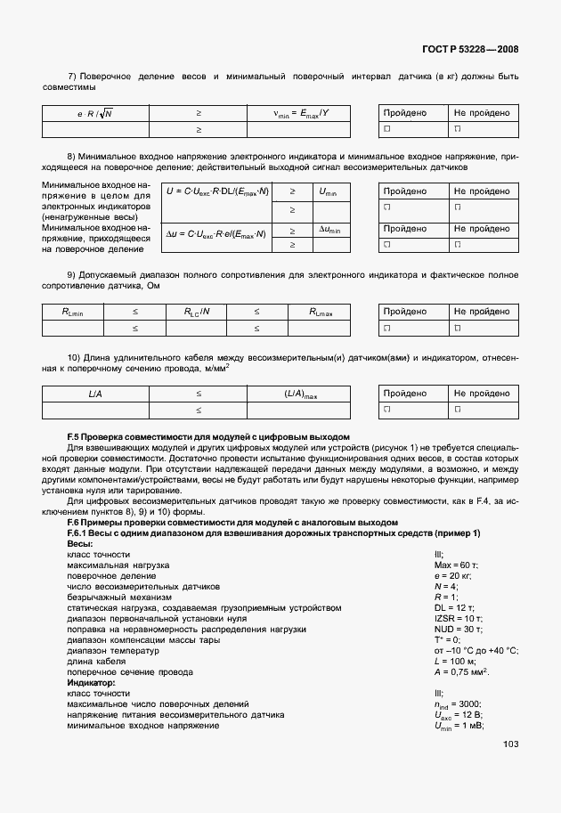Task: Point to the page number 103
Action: point(510,744)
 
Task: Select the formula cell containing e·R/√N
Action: point(95,113)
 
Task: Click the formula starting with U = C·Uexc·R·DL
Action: point(216,191)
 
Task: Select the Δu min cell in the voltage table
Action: point(329,230)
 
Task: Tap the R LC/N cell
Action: point(198,312)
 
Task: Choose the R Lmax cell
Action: point(321,312)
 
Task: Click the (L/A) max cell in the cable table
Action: point(301,394)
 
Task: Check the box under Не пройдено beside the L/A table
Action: point(457,410)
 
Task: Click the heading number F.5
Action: point(76,436)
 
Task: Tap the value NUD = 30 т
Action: point(458,629)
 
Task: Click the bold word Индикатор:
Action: point(92,682)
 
